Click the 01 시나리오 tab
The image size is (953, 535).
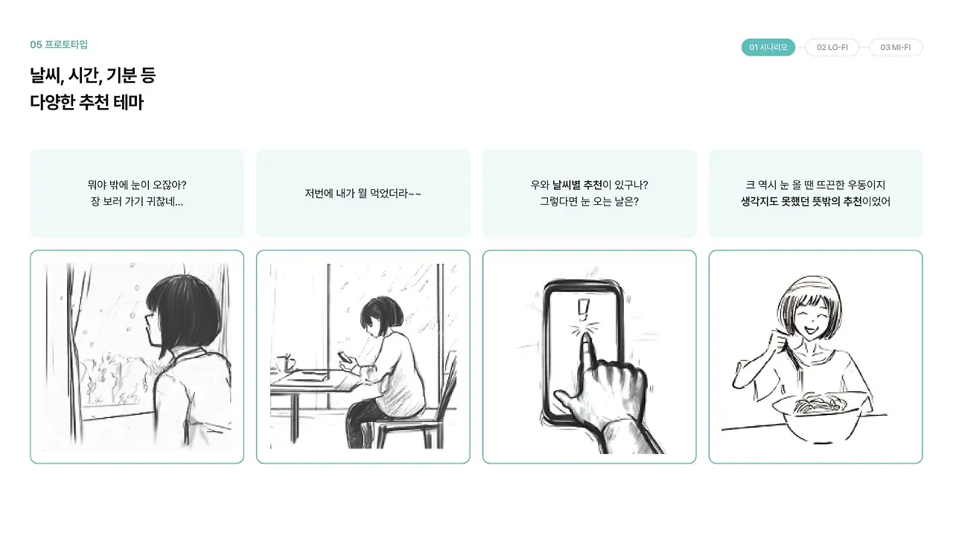click(x=768, y=47)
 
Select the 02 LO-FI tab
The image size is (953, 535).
click(x=832, y=47)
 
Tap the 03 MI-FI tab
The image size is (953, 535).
click(x=896, y=47)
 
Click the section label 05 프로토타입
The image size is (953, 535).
click(x=59, y=45)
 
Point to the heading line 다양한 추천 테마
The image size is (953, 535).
click(x=87, y=103)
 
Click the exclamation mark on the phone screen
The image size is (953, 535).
click(x=583, y=310)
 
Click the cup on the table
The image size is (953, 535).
click(x=285, y=363)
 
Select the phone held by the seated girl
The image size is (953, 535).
click(x=345, y=357)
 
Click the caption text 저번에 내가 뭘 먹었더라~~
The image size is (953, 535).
click(x=363, y=194)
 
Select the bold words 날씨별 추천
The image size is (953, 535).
click(x=577, y=185)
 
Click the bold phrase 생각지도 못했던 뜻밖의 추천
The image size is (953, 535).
click(x=801, y=201)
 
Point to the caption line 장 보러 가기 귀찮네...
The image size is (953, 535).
click(x=136, y=201)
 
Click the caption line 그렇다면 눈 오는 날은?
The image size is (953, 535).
click(x=589, y=201)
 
